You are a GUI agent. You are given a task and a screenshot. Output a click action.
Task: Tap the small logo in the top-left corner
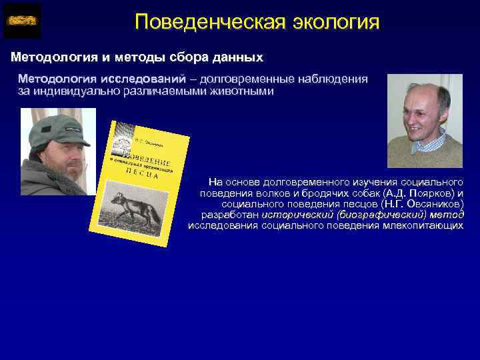click(x=22, y=21)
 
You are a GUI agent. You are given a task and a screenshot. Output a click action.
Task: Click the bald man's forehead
click(x=424, y=93)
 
